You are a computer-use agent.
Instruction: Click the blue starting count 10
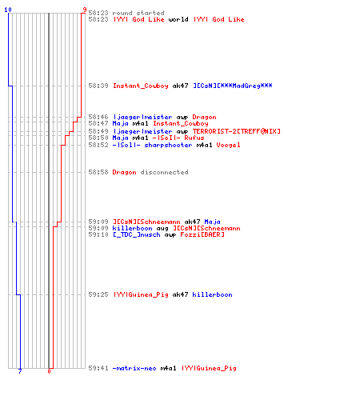[8, 10]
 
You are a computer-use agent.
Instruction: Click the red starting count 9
[85, 10]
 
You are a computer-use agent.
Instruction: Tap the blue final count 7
[20, 371]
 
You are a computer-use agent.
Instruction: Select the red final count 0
[49, 371]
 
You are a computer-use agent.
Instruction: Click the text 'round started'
[138, 13]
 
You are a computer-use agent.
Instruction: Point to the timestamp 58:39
[98, 86]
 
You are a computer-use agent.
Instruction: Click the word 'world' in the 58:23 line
[178, 19]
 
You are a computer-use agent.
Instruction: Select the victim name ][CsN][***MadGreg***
[233, 86]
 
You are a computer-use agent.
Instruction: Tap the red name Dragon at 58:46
[204, 117]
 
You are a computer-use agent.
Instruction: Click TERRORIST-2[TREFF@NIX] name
[236, 131]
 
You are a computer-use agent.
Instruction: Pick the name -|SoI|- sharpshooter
[152, 145]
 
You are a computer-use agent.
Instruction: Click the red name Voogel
[228, 145]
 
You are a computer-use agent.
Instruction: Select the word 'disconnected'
[164, 172]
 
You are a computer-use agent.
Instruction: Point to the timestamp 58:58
[98, 172]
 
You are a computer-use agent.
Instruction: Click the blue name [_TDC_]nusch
[136, 234]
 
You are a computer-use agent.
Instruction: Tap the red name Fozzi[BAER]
[202, 234]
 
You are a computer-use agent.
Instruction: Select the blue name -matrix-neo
[134, 368]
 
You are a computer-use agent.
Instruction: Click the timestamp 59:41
[98, 368]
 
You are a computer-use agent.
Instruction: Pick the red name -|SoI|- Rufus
[178, 138]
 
